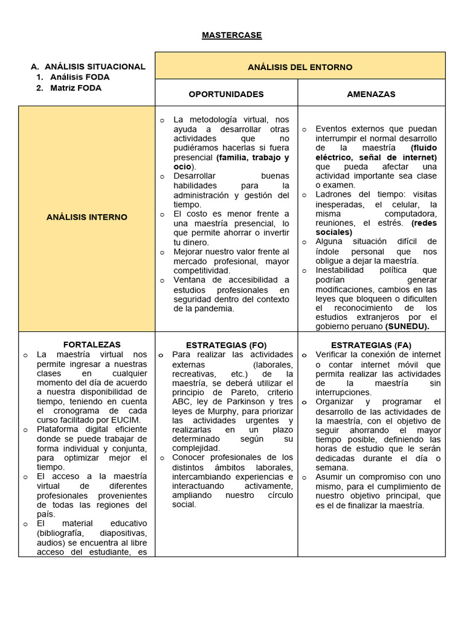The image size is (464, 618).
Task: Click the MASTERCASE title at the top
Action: coord(232,35)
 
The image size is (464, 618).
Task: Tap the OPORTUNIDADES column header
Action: coord(226,94)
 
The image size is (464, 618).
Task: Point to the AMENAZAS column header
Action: coord(371,94)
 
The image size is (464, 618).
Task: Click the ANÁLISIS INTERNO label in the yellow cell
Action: coord(86,217)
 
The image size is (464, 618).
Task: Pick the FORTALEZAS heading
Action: coord(92,345)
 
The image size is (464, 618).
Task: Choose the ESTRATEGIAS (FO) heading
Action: coord(226,345)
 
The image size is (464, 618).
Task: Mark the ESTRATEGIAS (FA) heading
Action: coord(371,345)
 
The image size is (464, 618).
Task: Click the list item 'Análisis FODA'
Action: coord(80,77)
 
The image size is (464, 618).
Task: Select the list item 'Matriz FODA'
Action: coord(76,88)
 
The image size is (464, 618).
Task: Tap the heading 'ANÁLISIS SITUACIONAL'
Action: coord(95,66)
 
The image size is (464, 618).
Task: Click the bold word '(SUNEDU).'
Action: coord(407,327)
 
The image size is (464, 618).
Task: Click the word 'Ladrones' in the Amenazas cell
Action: coord(333,194)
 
